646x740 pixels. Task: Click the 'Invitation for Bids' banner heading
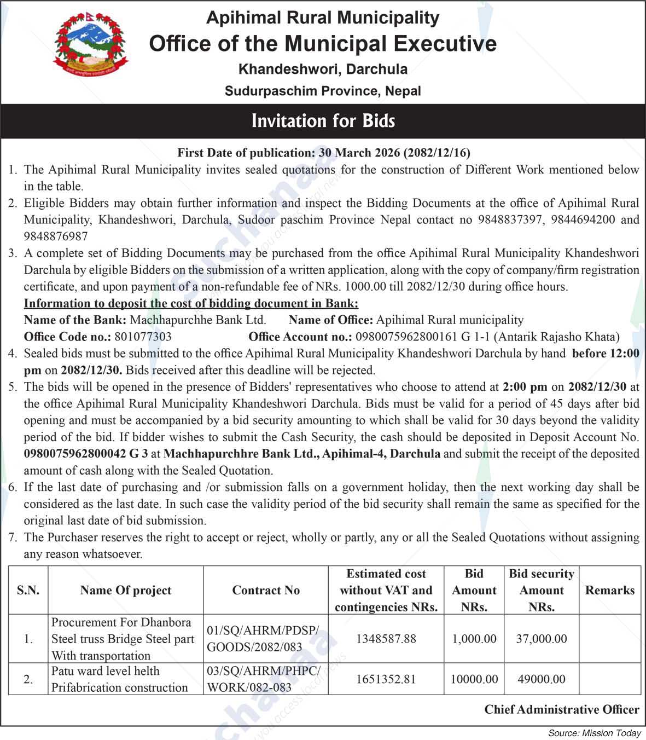323,121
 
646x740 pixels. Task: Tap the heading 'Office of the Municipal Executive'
323,44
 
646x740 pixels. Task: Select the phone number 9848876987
55,236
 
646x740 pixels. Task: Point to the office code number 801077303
143,337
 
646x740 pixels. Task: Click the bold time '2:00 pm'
525,387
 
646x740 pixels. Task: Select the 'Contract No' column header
266,590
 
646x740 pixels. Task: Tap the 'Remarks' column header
609,590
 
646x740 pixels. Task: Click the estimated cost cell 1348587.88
386,639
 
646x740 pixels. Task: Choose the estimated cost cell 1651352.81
386,679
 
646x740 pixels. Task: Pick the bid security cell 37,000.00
541,639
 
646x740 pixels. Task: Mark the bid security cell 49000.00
541,679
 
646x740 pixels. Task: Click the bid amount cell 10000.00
474,679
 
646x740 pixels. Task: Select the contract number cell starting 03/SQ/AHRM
264,679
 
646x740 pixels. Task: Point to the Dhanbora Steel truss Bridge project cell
124,639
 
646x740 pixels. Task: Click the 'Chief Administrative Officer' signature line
561,709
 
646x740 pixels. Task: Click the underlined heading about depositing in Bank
191,303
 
